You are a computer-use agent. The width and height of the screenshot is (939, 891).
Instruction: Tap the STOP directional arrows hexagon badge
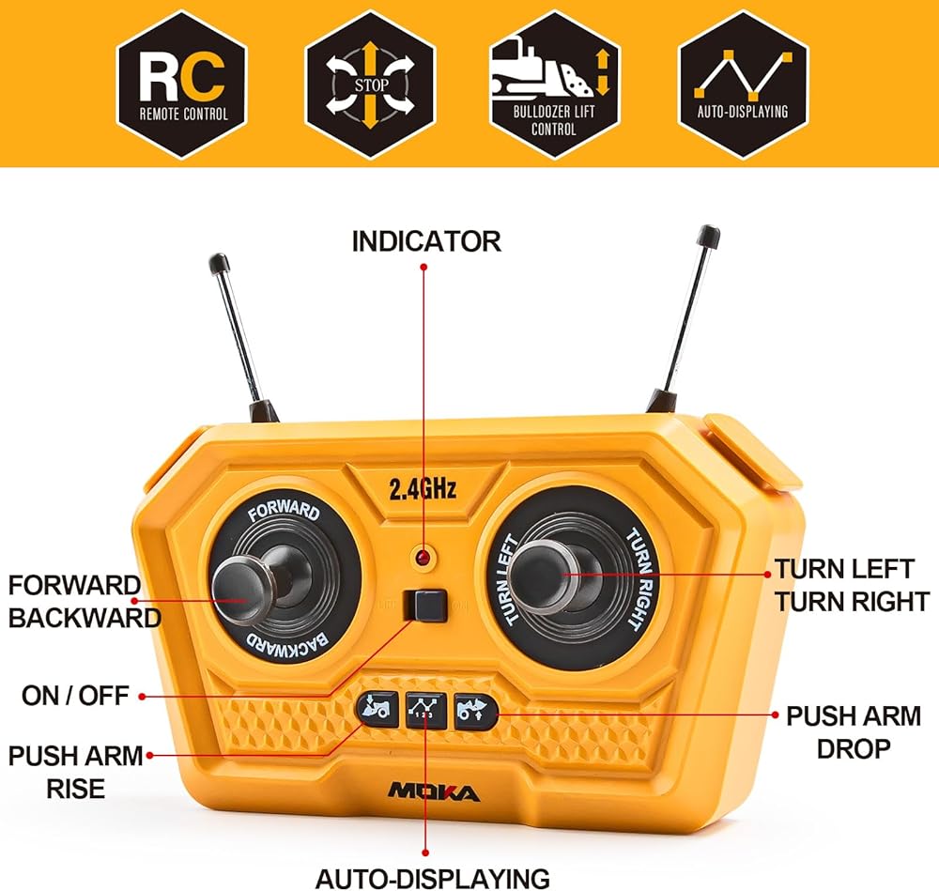[x=370, y=85]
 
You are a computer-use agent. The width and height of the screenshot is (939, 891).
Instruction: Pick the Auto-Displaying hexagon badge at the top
[x=742, y=85]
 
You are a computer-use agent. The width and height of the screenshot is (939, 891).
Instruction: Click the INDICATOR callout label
[x=426, y=241]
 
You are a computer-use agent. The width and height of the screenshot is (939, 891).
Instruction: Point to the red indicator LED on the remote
[x=423, y=561]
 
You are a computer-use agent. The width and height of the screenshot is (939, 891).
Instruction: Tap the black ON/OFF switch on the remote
[x=424, y=605]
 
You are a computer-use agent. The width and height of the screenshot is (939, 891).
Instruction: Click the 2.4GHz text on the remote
[x=423, y=488]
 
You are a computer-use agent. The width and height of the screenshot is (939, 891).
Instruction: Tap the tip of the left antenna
[x=218, y=260]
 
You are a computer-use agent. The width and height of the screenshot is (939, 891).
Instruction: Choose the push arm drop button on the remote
[x=472, y=709]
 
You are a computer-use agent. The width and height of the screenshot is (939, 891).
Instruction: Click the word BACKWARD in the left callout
[x=85, y=618]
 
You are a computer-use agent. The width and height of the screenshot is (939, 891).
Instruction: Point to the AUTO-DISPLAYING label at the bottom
[x=432, y=878]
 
